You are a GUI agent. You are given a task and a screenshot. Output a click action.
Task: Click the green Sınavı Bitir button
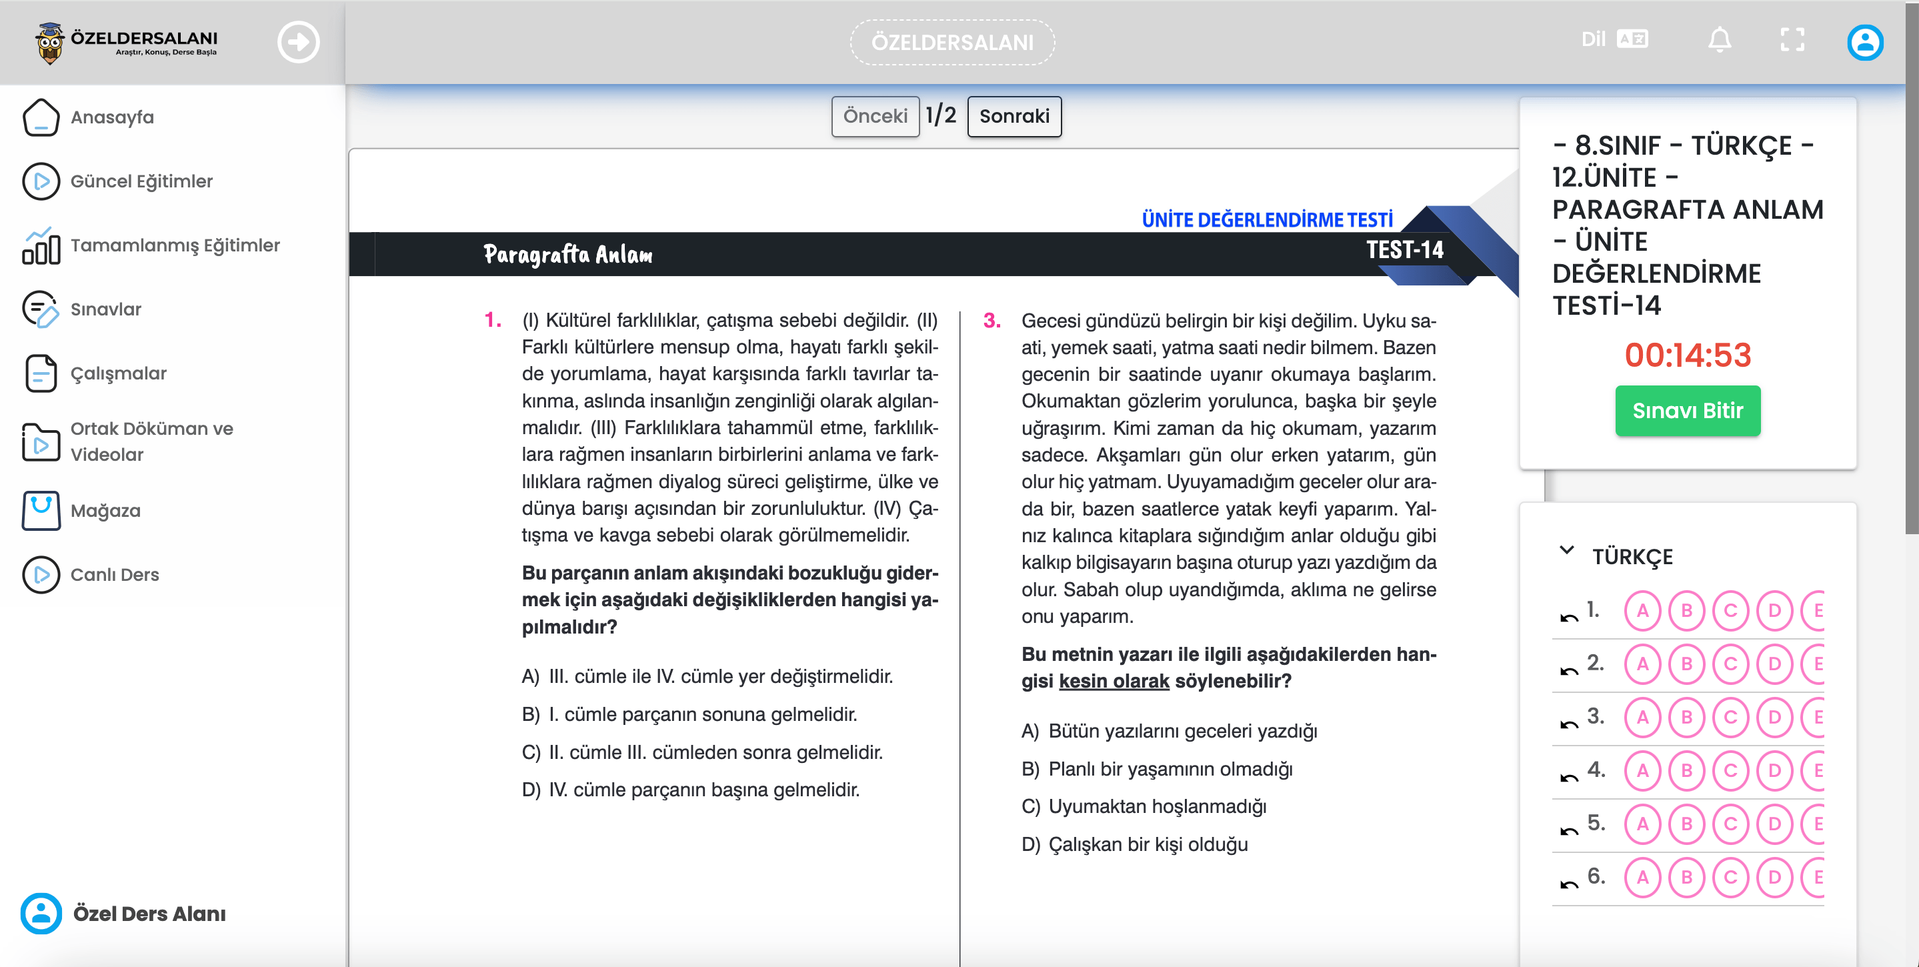pyautogui.click(x=1688, y=411)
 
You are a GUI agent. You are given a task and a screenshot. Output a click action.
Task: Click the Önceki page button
pyautogui.click(x=875, y=116)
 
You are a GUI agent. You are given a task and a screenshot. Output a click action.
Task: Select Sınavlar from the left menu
pyautogui.click(x=105, y=309)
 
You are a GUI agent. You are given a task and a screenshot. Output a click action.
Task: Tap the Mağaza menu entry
pyautogui.click(x=105, y=511)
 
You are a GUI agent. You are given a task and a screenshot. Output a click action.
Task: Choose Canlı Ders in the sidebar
pyautogui.click(x=114, y=575)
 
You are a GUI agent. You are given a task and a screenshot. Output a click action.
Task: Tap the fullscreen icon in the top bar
pyautogui.click(x=1792, y=40)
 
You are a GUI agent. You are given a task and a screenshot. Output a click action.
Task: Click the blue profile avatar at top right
pyautogui.click(x=1864, y=43)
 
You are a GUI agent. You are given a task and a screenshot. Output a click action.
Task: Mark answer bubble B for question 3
pyautogui.click(x=1686, y=718)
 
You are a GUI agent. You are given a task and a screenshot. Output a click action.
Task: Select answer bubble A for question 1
pyautogui.click(x=1643, y=611)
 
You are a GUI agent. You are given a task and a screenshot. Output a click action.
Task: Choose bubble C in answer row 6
pyautogui.click(x=1730, y=878)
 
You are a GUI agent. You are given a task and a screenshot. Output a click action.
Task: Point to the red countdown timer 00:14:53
pyautogui.click(x=1688, y=355)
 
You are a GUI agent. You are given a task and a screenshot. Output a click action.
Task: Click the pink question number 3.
pyautogui.click(x=992, y=320)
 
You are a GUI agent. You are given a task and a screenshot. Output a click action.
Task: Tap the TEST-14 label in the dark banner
pyautogui.click(x=1404, y=250)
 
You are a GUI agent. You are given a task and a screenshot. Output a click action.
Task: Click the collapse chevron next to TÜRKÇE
pyautogui.click(x=1567, y=551)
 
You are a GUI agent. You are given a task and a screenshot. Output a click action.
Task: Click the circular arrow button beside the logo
pyautogui.click(x=299, y=43)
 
